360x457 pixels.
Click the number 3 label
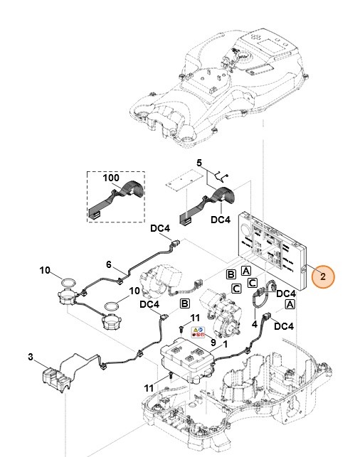click(x=31, y=355)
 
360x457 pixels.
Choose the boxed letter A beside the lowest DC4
click(x=290, y=303)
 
